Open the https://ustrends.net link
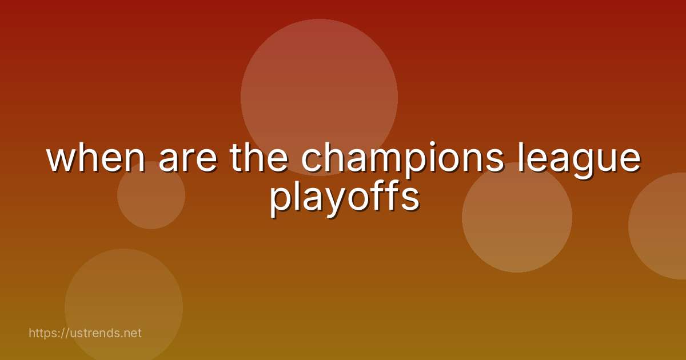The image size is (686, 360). coord(85,333)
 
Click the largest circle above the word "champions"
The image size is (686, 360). coord(319,86)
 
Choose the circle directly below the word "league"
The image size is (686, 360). coord(517,229)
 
